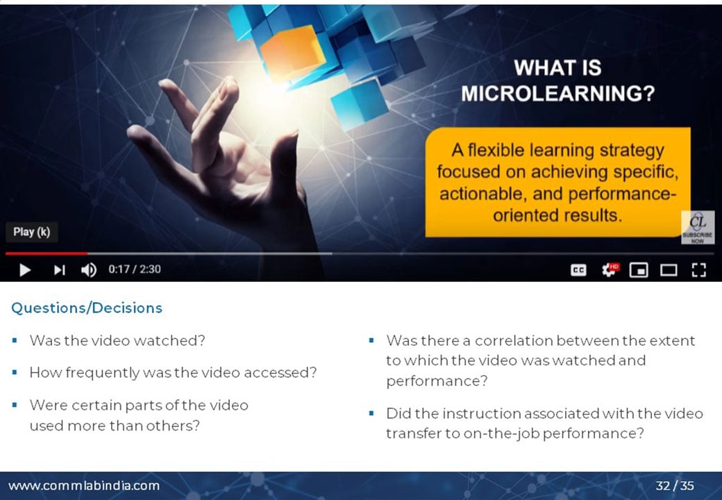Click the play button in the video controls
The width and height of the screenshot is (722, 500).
(x=25, y=270)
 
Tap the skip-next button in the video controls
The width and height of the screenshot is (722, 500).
(x=60, y=270)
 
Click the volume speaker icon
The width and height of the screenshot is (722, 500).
(x=89, y=270)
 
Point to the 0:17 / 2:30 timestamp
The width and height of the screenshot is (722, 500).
(x=135, y=269)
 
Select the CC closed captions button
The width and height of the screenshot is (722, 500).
(x=578, y=270)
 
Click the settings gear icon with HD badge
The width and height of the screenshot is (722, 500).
(x=610, y=269)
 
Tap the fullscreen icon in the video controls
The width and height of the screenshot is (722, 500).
(x=698, y=270)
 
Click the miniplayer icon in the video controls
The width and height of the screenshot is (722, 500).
(x=639, y=270)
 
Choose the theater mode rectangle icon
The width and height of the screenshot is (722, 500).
(x=669, y=270)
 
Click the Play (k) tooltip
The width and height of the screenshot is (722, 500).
(x=32, y=232)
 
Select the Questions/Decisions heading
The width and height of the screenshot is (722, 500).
(x=87, y=308)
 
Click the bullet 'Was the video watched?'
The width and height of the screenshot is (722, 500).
(x=117, y=341)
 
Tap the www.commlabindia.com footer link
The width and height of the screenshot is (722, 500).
(x=84, y=485)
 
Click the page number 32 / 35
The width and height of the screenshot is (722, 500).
(x=675, y=485)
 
